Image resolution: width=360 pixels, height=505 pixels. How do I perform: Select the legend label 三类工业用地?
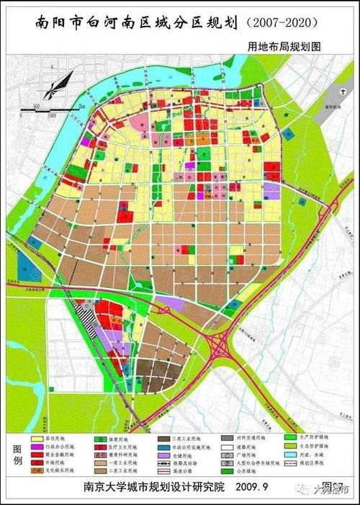tap(186, 437)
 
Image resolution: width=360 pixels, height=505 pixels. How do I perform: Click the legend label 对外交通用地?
tap(250, 437)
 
